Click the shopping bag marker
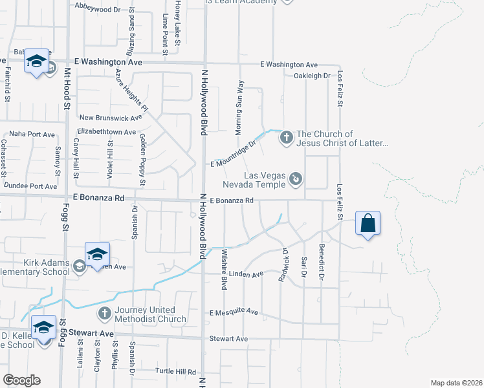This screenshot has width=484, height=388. (368, 224)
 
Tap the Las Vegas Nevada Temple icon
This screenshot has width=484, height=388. (296, 177)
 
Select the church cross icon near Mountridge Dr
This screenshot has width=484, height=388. (285, 137)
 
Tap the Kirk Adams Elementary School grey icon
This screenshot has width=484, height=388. (79, 265)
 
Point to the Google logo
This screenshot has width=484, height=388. (21, 380)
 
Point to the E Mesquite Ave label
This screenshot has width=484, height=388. (234, 312)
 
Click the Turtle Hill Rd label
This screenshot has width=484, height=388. (175, 372)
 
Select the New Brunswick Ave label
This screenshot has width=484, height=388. (110, 118)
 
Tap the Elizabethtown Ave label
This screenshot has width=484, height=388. (106, 131)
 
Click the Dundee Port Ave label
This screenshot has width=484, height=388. (30, 186)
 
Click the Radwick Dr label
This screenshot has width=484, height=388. (283, 259)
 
